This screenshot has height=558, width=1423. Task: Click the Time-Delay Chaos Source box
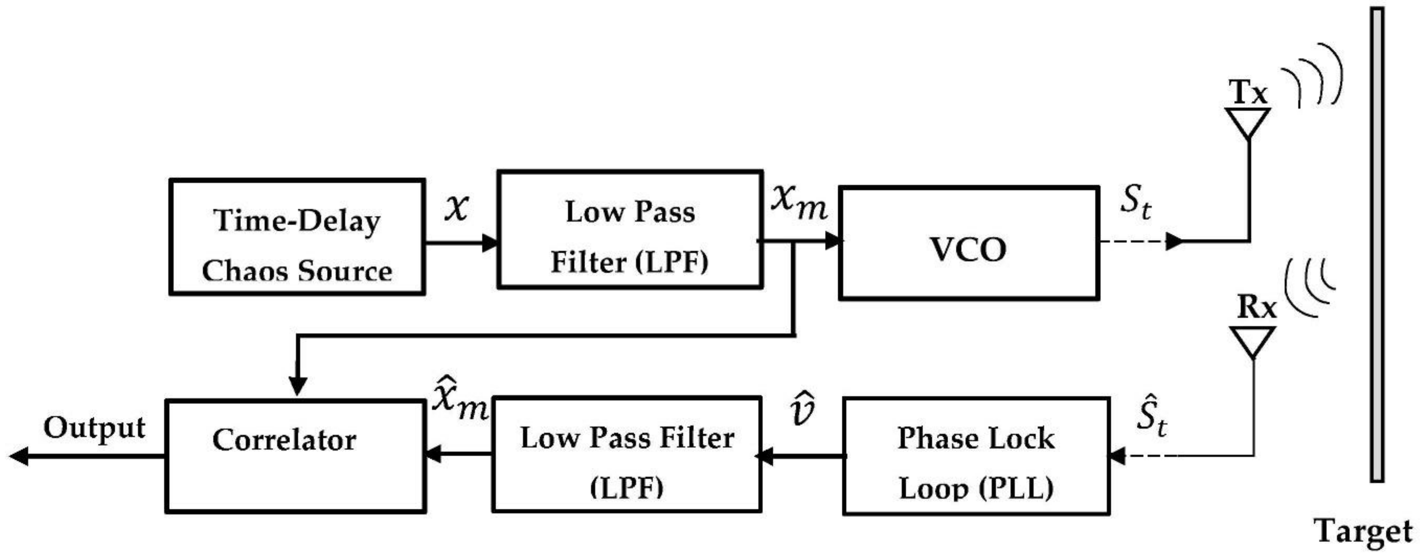[x=297, y=236]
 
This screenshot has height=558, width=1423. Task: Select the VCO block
[x=969, y=243]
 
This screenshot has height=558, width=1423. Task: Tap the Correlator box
[x=295, y=456]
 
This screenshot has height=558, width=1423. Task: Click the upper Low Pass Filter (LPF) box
[x=630, y=230]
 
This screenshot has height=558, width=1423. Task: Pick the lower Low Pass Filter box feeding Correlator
[x=627, y=455]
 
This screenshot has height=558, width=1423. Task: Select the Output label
[x=94, y=428]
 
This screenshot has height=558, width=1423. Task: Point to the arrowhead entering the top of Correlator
[x=298, y=387]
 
